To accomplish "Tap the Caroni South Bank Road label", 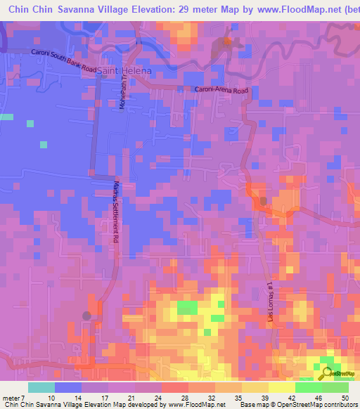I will (64, 62).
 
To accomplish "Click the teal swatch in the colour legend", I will (41, 387).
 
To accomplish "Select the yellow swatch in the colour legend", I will (281, 387).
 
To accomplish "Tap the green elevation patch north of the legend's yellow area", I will (187, 307).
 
